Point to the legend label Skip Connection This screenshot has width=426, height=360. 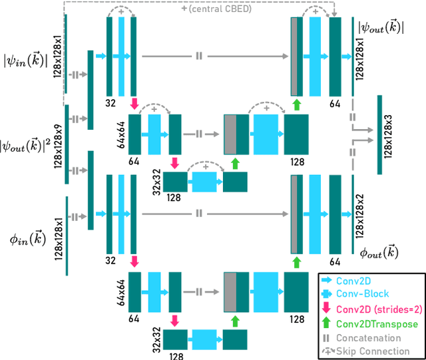(x=374, y=351)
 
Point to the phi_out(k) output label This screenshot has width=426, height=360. (x=379, y=252)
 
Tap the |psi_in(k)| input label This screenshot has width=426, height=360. (x=26, y=63)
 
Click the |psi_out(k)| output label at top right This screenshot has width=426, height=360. (x=381, y=27)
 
